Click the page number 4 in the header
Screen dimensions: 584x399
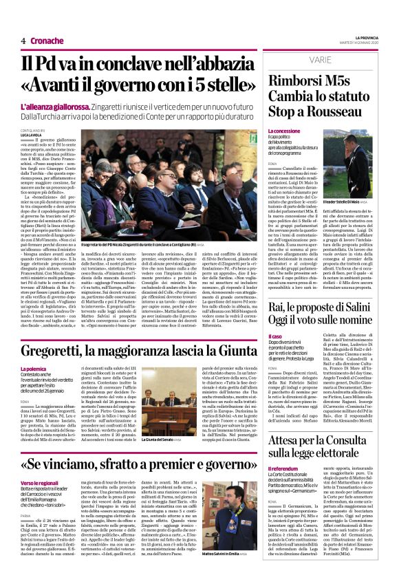23,41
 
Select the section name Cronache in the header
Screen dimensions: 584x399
46,41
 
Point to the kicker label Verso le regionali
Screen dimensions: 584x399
40,484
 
